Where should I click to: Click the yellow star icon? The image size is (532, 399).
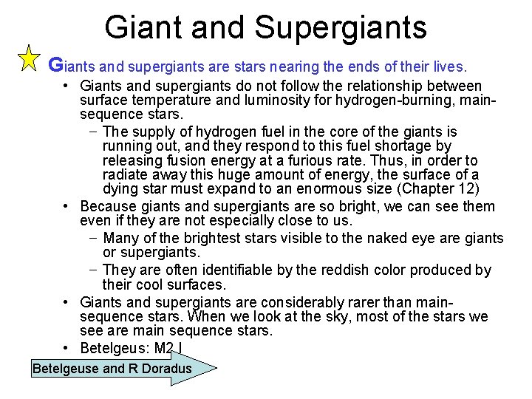tap(27, 58)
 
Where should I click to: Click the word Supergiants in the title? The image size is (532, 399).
tap(341, 27)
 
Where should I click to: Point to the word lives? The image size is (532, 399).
tap(448, 66)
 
